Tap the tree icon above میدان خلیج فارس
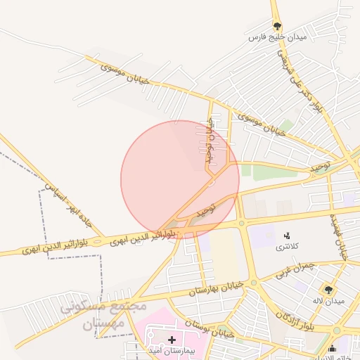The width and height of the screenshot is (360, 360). [x=278, y=26]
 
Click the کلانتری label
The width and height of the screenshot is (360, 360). [x=286, y=247]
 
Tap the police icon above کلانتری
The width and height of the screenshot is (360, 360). [x=286, y=236]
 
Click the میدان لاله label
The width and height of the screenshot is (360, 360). [x=328, y=301]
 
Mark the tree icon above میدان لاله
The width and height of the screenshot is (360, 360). [x=328, y=290]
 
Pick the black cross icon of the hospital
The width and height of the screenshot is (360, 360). [x=172, y=340]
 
